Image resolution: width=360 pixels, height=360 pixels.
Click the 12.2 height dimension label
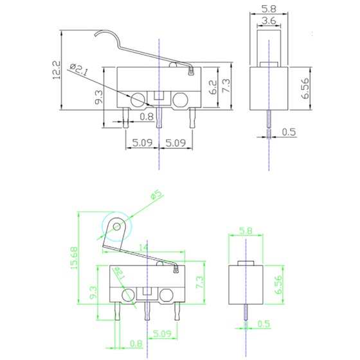pos(57,70)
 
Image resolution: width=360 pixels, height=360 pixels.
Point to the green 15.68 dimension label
pos(74,258)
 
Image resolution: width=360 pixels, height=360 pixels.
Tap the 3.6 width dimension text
pos(269,21)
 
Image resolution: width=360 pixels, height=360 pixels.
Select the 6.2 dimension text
pos(213,87)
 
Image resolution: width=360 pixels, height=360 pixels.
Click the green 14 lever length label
pos(143,248)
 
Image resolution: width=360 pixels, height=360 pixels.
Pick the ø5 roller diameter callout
pos(157,194)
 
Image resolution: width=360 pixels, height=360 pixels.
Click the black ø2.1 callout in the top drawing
pos(78,69)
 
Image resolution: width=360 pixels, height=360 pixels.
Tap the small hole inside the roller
pos(116,227)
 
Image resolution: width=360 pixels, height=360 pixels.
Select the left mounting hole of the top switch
pos(138,100)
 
